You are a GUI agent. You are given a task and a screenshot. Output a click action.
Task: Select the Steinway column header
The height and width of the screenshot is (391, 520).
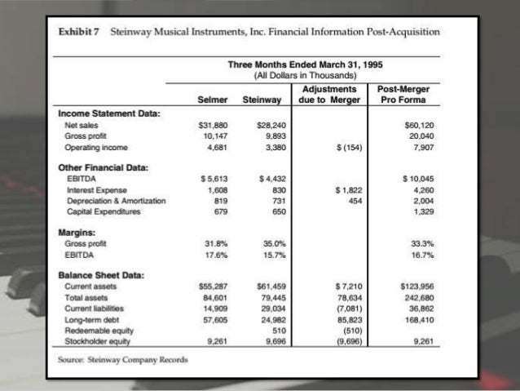[261, 100]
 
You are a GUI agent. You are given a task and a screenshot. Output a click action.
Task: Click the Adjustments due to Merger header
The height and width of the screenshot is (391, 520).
[328, 94]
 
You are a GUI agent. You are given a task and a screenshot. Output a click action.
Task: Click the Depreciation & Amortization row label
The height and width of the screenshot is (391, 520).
[115, 199]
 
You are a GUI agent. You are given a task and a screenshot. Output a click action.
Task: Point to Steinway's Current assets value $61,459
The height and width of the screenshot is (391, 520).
[265, 287]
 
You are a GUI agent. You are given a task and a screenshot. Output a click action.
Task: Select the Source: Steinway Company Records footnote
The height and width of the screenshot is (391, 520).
[123, 359]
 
